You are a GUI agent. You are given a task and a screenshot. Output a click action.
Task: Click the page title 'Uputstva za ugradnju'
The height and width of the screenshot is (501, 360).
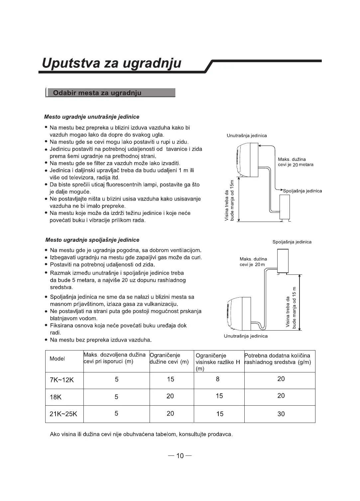(112, 63)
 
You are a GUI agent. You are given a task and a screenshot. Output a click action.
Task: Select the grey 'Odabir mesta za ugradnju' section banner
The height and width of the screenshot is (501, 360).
(110, 93)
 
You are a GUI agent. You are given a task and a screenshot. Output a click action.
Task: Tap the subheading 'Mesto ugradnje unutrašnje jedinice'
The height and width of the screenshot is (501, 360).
(92, 117)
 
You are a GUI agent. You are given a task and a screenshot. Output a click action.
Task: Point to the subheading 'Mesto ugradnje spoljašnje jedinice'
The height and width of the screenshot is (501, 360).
(92, 240)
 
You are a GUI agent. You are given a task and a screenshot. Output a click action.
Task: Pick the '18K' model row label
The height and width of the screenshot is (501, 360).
(56, 397)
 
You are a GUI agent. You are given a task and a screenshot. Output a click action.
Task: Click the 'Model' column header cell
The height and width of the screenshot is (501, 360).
(57, 359)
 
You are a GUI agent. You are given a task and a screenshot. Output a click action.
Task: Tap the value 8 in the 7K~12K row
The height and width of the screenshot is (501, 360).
(218, 379)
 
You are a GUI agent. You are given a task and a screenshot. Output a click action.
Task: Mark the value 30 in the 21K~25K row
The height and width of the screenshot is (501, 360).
(281, 414)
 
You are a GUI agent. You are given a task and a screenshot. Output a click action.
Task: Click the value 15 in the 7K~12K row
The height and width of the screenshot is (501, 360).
(171, 379)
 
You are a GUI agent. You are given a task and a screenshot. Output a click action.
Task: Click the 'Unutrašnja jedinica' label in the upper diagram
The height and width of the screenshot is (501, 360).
(247, 136)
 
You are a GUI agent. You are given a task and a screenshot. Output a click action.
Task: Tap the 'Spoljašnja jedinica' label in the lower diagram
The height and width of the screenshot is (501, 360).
(292, 242)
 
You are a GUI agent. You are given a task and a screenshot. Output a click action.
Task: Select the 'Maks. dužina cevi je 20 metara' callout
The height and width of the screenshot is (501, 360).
(296, 162)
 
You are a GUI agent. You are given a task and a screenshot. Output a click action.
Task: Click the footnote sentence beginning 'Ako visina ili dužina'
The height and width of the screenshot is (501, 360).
(141, 434)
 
